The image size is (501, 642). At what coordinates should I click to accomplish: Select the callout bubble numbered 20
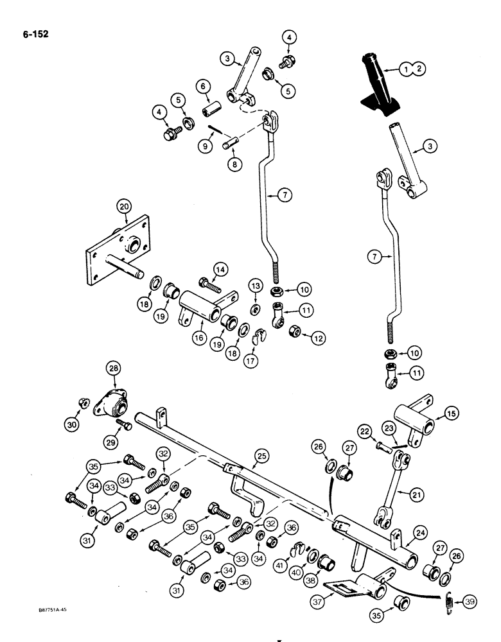pyautogui.click(x=123, y=207)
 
